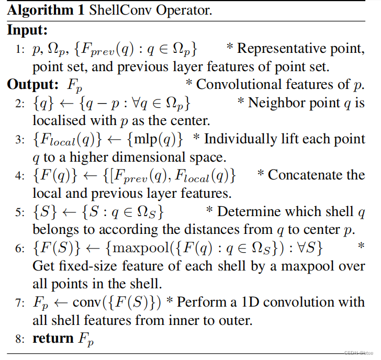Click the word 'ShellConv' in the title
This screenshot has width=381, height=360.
pyautogui.click(x=108, y=11)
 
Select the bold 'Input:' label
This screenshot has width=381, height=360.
pyautogui.click(x=27, y=30)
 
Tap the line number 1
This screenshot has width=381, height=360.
pyautogui.click(x=20, y=50)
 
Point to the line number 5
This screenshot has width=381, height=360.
pyautogui.click(x=20, y=213)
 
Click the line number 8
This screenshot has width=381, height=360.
pyautogui.click(x=20, y=339)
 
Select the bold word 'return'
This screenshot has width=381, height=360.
pyautogui.click(x=53, y=339)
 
